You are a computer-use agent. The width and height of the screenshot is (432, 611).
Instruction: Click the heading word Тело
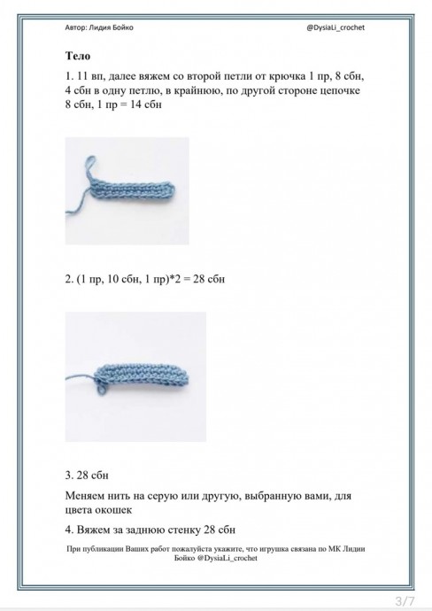point(78,56)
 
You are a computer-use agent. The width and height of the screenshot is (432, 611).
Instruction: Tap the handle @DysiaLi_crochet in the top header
point(336,27)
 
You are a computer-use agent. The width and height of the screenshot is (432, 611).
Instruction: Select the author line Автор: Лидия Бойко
point(99,27)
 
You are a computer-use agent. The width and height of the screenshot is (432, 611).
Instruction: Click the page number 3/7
point(405,600)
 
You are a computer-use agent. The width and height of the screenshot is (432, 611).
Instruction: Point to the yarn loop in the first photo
point(90,166)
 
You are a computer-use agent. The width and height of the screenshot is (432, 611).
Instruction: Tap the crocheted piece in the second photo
point(143,376)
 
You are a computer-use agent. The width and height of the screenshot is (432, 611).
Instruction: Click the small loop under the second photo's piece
point(101,388)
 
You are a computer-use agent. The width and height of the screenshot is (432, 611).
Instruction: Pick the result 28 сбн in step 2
point(209,280)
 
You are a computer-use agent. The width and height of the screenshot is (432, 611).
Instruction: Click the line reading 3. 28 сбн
point(87,476)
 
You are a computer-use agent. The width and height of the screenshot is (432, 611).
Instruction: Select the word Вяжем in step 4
point(93,530)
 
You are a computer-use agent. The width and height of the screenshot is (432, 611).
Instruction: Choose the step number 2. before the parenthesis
point(69,280)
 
